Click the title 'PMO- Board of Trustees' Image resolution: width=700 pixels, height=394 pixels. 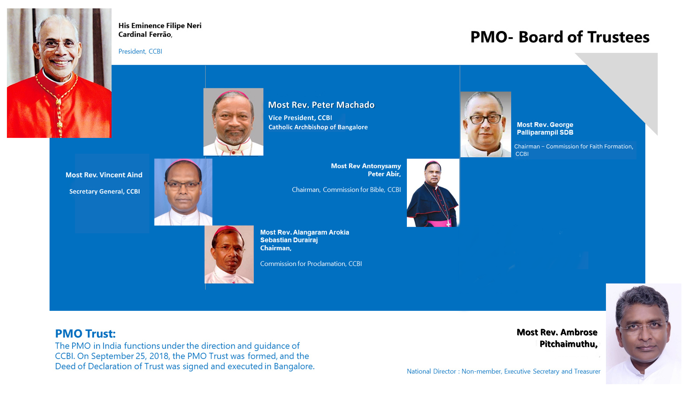coord(560,37)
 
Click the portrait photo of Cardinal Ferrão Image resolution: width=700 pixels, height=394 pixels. coord(59,73)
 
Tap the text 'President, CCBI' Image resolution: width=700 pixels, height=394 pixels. coord(140,51)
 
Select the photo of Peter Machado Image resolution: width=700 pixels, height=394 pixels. coord(234,122)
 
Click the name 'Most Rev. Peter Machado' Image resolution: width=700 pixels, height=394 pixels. coord(321,105)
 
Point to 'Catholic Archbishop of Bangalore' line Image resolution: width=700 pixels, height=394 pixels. coord(318,127)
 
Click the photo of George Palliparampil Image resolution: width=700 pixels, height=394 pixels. coord(486,124)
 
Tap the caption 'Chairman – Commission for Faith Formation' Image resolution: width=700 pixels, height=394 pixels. coord(574,146)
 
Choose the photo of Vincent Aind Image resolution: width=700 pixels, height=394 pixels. coord(183,192)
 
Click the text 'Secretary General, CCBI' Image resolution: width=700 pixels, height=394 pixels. coord(105,191)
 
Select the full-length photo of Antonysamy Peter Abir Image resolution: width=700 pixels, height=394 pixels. coord(433,193)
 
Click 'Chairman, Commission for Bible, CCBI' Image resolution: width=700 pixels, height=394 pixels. coord(346,190)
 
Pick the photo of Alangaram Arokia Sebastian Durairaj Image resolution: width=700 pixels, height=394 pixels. coord(229,254)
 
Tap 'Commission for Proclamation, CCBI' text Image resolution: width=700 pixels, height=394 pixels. coord(311,264)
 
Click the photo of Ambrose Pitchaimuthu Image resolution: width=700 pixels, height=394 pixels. coord(644,334)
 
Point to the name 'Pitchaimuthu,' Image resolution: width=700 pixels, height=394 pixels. coord(568,344)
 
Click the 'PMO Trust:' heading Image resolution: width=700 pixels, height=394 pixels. coord(85,334)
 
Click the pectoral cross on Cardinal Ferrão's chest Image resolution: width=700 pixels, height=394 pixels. coord(59,125)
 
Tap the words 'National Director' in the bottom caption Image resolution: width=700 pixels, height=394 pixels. coord(431,372)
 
